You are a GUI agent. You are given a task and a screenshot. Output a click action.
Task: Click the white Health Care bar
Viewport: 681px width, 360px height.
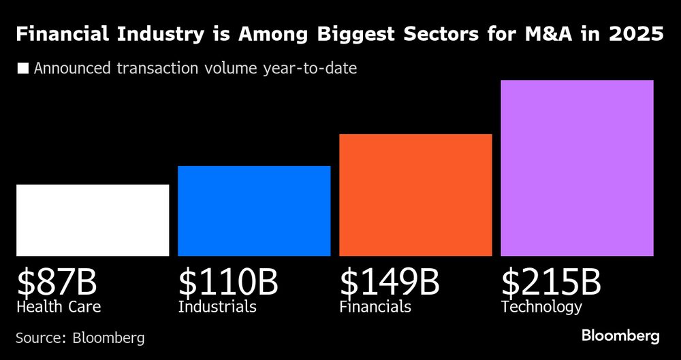point(93,220)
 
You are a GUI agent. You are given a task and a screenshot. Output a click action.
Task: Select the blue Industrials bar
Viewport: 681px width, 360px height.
point(254,211)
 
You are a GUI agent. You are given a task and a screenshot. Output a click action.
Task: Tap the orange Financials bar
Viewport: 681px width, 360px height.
point(415,195)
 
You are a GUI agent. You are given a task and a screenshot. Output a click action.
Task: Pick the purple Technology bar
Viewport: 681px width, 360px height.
point(577,168)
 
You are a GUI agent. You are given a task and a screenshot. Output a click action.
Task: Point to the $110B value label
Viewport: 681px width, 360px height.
point(228,282)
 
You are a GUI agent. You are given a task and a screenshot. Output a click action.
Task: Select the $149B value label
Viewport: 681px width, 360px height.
point(390,282)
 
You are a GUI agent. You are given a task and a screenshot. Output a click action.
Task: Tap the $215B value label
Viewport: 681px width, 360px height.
point(551,282)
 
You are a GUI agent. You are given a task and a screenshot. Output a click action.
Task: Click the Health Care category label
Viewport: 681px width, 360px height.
point(59,307)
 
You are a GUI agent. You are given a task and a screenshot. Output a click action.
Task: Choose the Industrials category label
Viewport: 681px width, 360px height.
point(217,307)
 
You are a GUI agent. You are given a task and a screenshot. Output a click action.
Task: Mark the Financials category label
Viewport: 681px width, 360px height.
point(375,307)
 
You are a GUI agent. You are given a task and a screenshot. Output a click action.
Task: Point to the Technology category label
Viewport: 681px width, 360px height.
point(541,307)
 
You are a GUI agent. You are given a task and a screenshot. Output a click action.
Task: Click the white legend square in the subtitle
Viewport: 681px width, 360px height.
point(23,69)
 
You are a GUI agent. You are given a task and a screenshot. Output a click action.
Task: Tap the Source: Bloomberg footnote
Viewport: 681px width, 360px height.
point(80,338)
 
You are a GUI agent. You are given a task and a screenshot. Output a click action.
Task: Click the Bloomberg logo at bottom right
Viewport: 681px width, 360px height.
point(620,336)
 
